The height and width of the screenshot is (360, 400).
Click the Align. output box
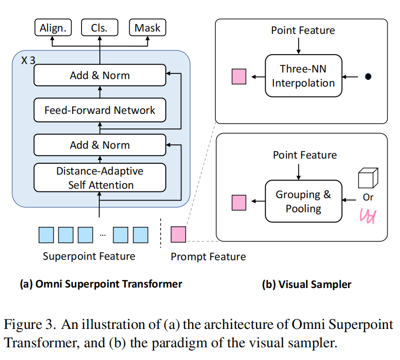(53, 27)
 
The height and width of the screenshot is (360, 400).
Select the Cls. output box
(100, 27)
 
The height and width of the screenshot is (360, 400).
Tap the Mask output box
(148, 27)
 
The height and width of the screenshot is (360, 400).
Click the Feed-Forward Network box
(100, 110)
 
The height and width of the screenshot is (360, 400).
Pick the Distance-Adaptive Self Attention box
(100, 177)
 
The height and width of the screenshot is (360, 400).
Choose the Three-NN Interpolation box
(303, 76)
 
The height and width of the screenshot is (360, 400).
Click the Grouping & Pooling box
(303, 201)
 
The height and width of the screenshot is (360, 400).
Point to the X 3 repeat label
(28, 61)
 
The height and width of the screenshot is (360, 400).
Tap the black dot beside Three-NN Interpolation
(368, 76)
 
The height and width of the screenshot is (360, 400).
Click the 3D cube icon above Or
(368, 178)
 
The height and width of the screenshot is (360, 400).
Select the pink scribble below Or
(368, 216)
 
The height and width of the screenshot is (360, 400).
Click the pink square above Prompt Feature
(178, 234)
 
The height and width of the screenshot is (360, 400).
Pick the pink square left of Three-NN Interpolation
(239, 76)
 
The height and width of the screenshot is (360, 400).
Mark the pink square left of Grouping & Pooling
(239, 203)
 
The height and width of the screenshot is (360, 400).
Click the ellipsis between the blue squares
(103, 235)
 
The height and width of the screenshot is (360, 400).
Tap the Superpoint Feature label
(89, 256)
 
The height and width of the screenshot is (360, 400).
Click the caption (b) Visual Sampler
(307, 284)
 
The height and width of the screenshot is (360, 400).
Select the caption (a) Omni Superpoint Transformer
(101, 284)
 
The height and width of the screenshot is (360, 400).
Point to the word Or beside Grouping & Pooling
(368, 197)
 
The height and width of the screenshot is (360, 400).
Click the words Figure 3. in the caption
(30, 325)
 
